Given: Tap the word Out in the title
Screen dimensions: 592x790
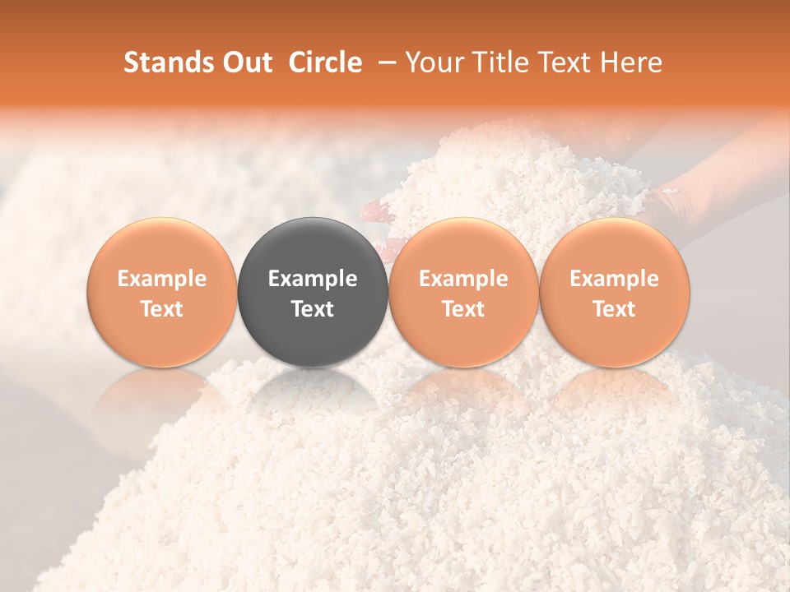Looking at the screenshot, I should click(x=244, y=62).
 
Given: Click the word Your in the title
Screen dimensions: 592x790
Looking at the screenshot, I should click(x=433, y=62).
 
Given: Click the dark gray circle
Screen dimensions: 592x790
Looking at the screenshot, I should click(x=313, y=247).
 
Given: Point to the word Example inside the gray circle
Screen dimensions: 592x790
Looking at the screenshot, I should click(x=313, y=279).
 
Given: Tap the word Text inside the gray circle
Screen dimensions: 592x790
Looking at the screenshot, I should click(x=313, y=309).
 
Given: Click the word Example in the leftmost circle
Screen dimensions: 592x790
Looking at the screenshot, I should click(x=162, y=279).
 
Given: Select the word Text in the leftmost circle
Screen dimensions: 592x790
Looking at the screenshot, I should click(x=162, y=309).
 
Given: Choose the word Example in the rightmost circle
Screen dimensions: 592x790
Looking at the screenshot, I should click(x=614, y=279).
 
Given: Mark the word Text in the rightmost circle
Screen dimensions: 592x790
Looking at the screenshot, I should click(x=614, y=309).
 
